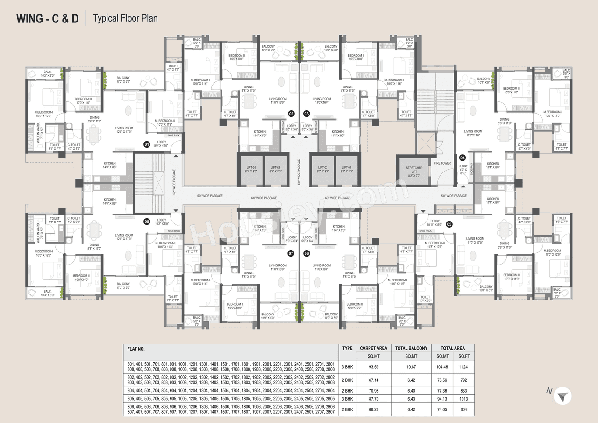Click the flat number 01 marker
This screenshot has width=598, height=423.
pyautogui.click(x=146, y=144)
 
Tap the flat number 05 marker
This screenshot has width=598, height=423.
pyautogui.click(x=449, y=224)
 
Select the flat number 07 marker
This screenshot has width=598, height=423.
pyautogui.click(x=291, y=253)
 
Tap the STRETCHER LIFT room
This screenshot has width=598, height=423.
pyautogui.click(x=414, y=172)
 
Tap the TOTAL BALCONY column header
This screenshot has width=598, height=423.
pyautogui.click(x=411, y=348)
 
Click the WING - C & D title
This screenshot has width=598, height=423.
pyautogui.click(x=48, y=19)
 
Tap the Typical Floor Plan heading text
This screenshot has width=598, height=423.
pyautogui.click(x=125, y=19)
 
